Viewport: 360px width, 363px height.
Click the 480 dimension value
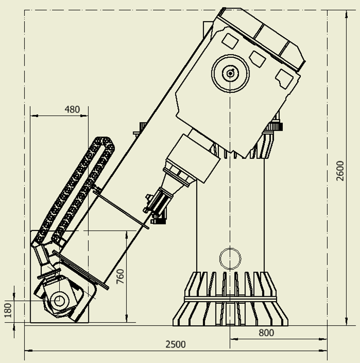pos(72,109)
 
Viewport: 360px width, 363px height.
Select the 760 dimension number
pos(120,276)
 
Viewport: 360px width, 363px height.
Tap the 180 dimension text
pos(8,310)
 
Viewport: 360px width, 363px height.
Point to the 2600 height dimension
pos(340,171)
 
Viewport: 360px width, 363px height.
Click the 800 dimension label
pos(266,333)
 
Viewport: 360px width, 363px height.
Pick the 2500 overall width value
pos(176,344)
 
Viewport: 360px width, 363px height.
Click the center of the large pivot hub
pos(230,73)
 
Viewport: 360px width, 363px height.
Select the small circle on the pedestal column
pos(230,259)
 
